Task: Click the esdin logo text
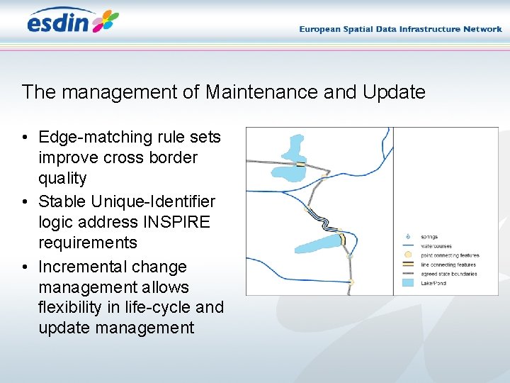coord(58,23)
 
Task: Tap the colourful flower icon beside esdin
coord(106,21)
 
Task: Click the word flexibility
coord(74,307)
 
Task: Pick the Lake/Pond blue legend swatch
coord(407,282)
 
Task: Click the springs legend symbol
coord(407,236)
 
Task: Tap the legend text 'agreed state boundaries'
coord(449,273)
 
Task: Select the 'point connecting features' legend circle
coord(407,255)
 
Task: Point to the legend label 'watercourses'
coord(436,245)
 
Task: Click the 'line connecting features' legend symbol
coord(407,264)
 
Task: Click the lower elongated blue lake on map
coord(319,244)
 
